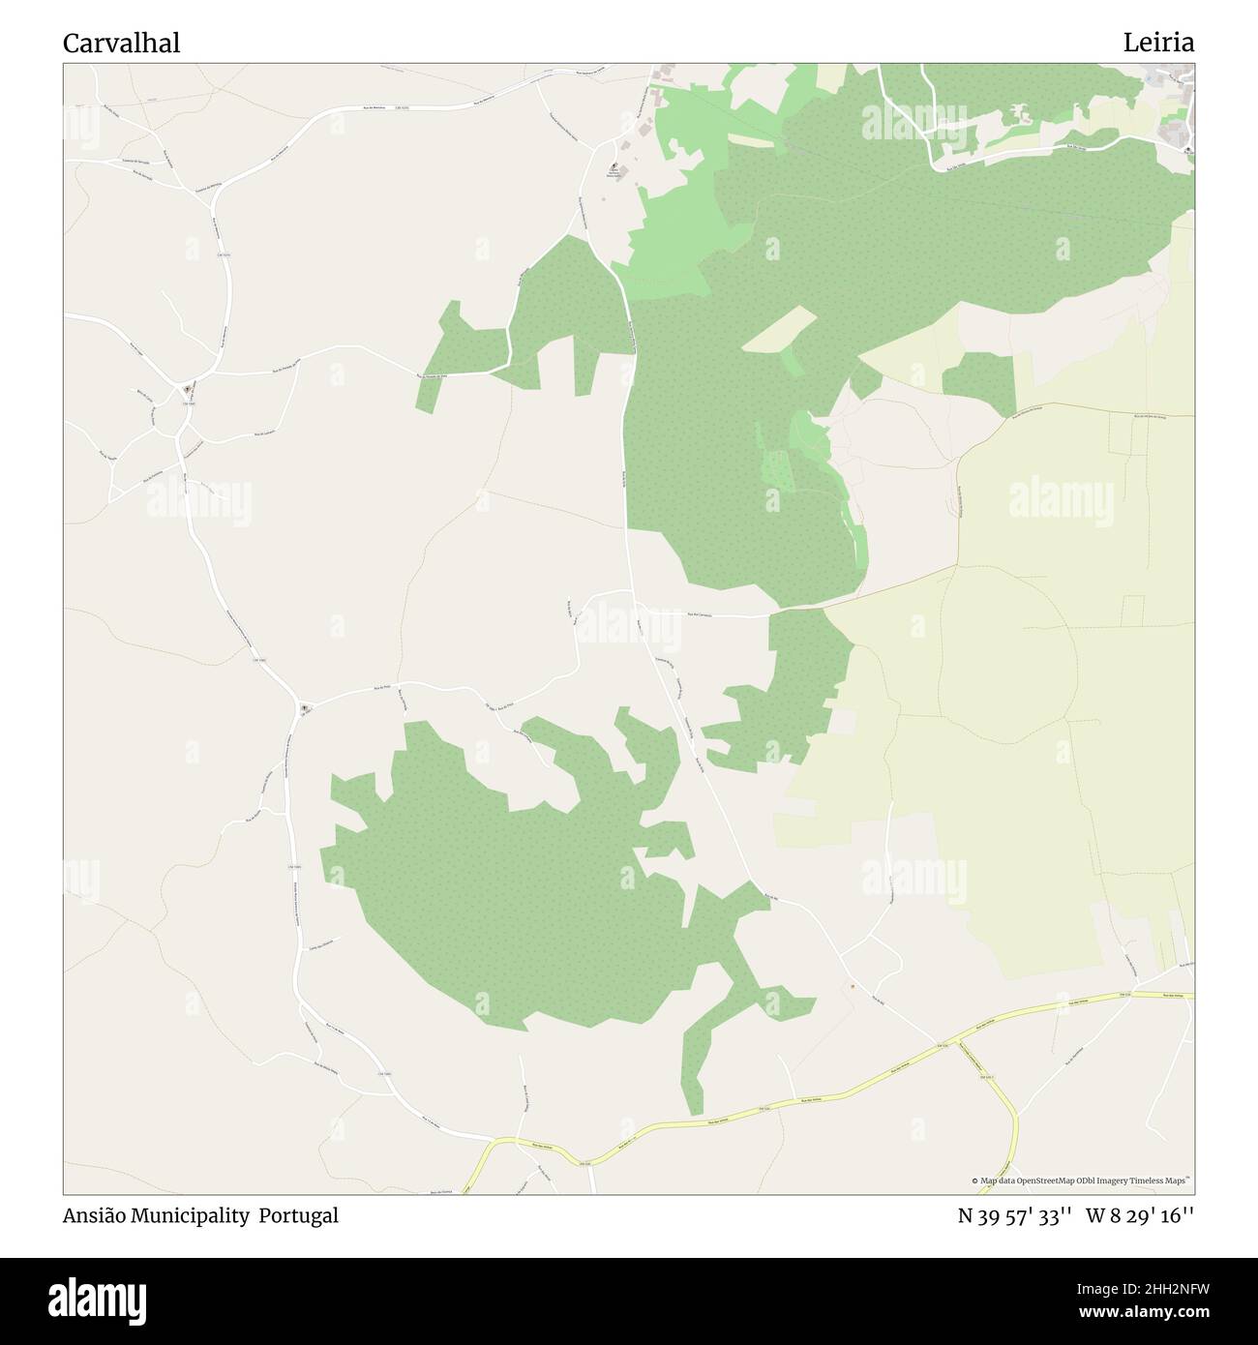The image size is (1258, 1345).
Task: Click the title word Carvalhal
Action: point(121,44)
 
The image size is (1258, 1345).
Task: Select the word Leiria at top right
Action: point(1158,43)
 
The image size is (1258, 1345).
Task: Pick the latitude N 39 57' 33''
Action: point(1013,1216)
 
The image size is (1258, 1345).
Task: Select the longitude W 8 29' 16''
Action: point(1140,1216)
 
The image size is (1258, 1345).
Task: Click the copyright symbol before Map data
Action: point(975,1181)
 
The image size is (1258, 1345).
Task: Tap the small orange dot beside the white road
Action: point(852,987)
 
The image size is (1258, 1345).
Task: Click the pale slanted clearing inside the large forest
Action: point(778,329)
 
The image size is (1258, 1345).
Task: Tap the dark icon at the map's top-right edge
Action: point(1188,148)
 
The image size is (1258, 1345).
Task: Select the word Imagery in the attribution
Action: point(1120,1181)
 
